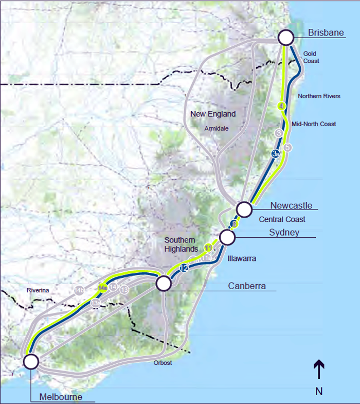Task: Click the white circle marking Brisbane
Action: coord(285,37)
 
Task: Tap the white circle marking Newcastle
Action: coord(244,209)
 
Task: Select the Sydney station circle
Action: coord(227,237)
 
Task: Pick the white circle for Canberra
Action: coord(163,283)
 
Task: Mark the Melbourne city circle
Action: coord(31,361)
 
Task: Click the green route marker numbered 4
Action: coord(281,107)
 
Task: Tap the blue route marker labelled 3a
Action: coord(276,153)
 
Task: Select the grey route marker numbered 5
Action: coord(288,147)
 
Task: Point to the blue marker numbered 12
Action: coord(184,268)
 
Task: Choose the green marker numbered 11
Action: coord(208,248)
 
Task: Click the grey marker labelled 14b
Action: coord(79,290)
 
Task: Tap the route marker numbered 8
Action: coord(235,224)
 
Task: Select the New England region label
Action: coord(212,114)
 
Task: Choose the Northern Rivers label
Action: coord(319,96)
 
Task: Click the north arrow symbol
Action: coord(319,370)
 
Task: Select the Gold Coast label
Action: coord(311,57)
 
